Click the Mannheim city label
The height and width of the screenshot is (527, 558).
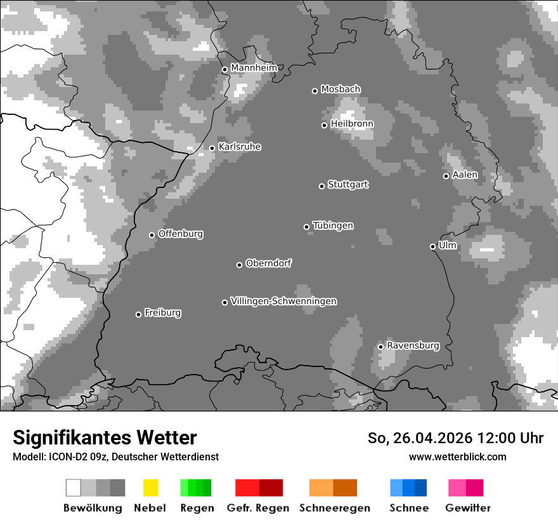(254, 67)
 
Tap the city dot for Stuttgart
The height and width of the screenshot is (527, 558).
(321, 186)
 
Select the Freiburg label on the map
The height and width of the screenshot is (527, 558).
(162, 312)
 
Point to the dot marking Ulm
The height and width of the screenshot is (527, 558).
(432, 246)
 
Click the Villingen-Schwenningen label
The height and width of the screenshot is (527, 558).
(283, 301)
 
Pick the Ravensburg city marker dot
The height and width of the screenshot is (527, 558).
(380, 347)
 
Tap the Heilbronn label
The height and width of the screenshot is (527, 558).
(352, 124)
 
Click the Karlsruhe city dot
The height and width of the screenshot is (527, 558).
(212, 149)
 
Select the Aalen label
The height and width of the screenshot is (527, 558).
(465, 175)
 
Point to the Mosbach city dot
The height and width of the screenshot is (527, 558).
(315, 91)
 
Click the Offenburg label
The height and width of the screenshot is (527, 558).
(181, 234)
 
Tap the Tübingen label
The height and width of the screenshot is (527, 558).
(333, 225)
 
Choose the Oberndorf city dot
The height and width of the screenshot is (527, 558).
(239, 265)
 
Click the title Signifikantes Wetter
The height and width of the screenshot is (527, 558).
(105, 437)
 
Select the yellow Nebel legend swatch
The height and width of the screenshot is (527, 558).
(150, 488)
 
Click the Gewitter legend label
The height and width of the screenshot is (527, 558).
(467, 508)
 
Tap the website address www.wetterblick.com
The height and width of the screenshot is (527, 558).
(457, 457)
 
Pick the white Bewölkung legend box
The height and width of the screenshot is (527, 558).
(74, 488)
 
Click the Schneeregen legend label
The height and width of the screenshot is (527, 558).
(334, 508)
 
